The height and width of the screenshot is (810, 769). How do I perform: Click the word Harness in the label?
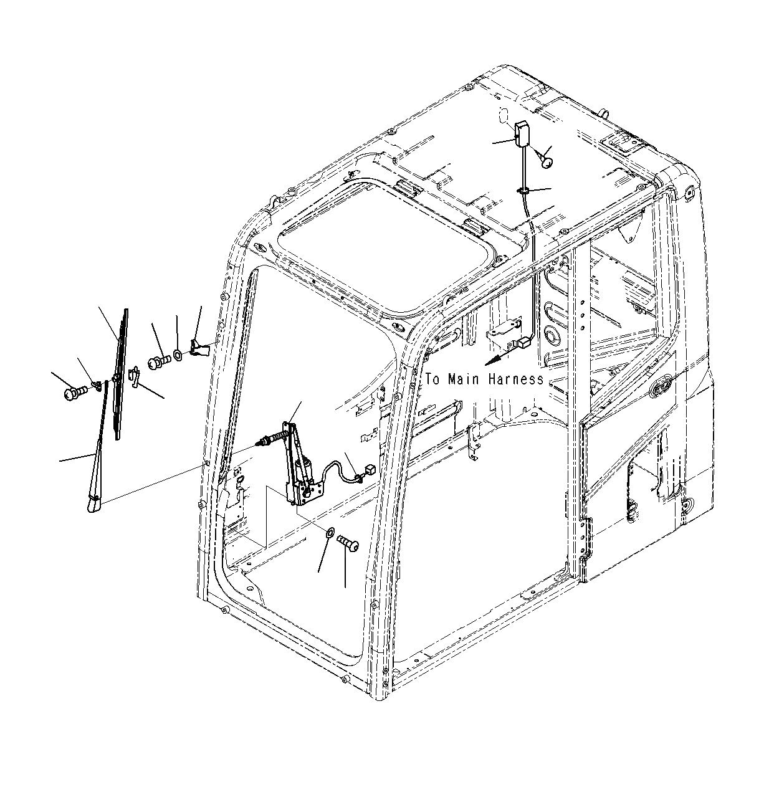[515, 379]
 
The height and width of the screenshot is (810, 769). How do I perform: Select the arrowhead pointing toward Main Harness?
[492, 361]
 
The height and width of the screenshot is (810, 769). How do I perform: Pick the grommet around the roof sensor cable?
[523, 190]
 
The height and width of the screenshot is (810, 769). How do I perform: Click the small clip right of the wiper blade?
[133, 376]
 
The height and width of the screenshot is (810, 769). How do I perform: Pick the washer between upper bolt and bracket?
[178, 355]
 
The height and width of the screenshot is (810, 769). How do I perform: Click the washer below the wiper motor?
[328, 532]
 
